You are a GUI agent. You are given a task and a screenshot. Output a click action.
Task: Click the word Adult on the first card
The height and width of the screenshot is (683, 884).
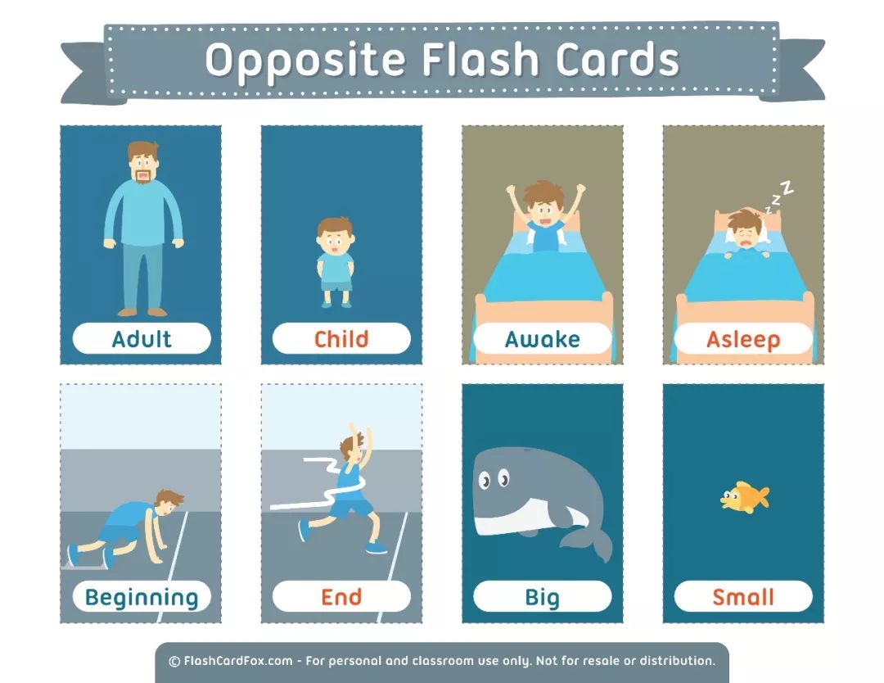(x=142, y=339)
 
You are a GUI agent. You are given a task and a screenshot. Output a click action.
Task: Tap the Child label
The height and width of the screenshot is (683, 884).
(x=341, y=339)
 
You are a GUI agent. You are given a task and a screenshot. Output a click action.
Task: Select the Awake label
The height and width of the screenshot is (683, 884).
(x=543, y=339)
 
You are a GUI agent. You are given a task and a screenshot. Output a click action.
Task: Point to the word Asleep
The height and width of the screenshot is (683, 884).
(x=743, y=340)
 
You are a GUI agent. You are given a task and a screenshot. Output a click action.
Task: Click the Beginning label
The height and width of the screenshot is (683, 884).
(x=142, y=597)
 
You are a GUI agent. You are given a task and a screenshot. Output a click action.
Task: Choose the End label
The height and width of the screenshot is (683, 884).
(x=341, y=597)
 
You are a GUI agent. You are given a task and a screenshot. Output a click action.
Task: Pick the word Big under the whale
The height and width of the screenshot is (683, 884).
(x=543, y=597)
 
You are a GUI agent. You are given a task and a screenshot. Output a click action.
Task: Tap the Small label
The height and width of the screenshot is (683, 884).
(x=743, y=597)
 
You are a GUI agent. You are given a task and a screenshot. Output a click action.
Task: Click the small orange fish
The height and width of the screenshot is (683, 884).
(x=744, y=497)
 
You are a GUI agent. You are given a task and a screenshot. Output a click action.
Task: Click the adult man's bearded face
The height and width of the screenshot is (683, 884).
(x=143, y=165)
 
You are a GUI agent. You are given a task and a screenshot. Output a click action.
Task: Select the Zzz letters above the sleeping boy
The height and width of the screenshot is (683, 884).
(x=779, y=197)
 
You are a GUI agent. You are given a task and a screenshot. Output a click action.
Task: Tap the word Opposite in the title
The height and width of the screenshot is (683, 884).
(x=305, y=61)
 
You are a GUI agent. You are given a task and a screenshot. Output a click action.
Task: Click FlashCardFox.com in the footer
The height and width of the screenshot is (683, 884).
(x=238, y=660)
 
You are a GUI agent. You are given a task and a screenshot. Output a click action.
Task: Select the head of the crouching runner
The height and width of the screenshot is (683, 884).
(x=168, y=503)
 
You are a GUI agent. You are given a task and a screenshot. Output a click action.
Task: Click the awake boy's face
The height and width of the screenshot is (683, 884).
(x=543, y=210)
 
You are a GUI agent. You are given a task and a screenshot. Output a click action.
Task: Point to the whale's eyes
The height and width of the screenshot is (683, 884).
(x=494, y=479)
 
